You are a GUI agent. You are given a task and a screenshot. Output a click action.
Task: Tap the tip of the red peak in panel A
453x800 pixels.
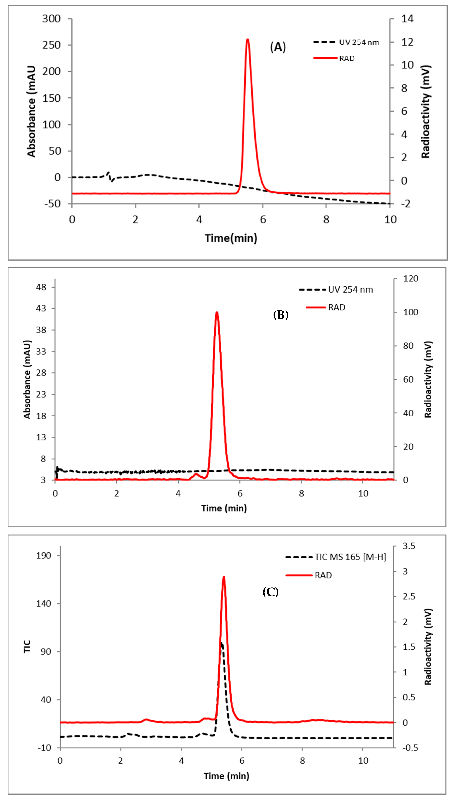click(248, 40)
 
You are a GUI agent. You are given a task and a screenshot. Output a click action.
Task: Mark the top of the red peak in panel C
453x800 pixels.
click(223, 577)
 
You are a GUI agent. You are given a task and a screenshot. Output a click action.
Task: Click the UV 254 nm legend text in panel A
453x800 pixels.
click(359, 42)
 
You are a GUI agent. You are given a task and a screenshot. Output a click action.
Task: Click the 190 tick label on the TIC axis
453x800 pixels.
click(44, 556)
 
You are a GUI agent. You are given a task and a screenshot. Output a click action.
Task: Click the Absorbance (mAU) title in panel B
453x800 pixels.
click(27, 379)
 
